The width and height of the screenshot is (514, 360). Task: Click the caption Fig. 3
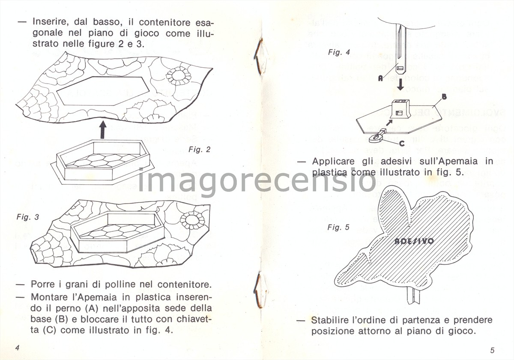[28, 217]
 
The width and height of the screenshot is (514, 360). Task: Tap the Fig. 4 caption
[339, 52]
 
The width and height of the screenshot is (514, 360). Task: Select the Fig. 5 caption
[338, 227]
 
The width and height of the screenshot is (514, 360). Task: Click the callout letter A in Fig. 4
[380, 78]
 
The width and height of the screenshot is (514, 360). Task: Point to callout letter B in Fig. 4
[444, 97]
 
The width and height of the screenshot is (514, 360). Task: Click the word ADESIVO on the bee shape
[414, 241]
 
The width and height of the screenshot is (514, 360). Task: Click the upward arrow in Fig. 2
[102, 129]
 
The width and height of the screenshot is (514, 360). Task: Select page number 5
[493, 349]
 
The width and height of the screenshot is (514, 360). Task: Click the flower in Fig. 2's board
[179, 75]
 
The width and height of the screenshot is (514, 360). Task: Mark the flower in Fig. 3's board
[192, 220]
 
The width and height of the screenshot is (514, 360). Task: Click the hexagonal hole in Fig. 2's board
[103, 90]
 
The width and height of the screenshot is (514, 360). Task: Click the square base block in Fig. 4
[400, 109]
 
